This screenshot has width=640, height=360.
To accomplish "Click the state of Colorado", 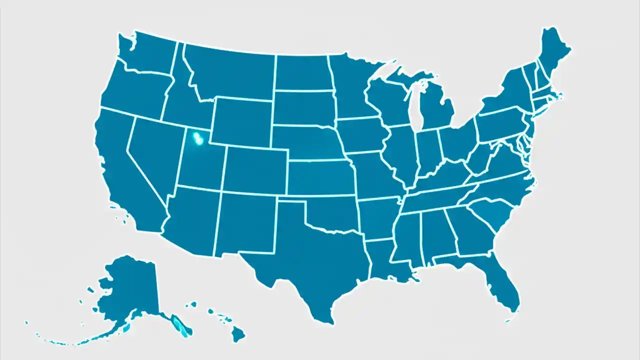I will pyautogui.click(x=255, y=170).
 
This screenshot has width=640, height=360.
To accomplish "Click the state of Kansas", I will pyautogui.click(x=320, y=177).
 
